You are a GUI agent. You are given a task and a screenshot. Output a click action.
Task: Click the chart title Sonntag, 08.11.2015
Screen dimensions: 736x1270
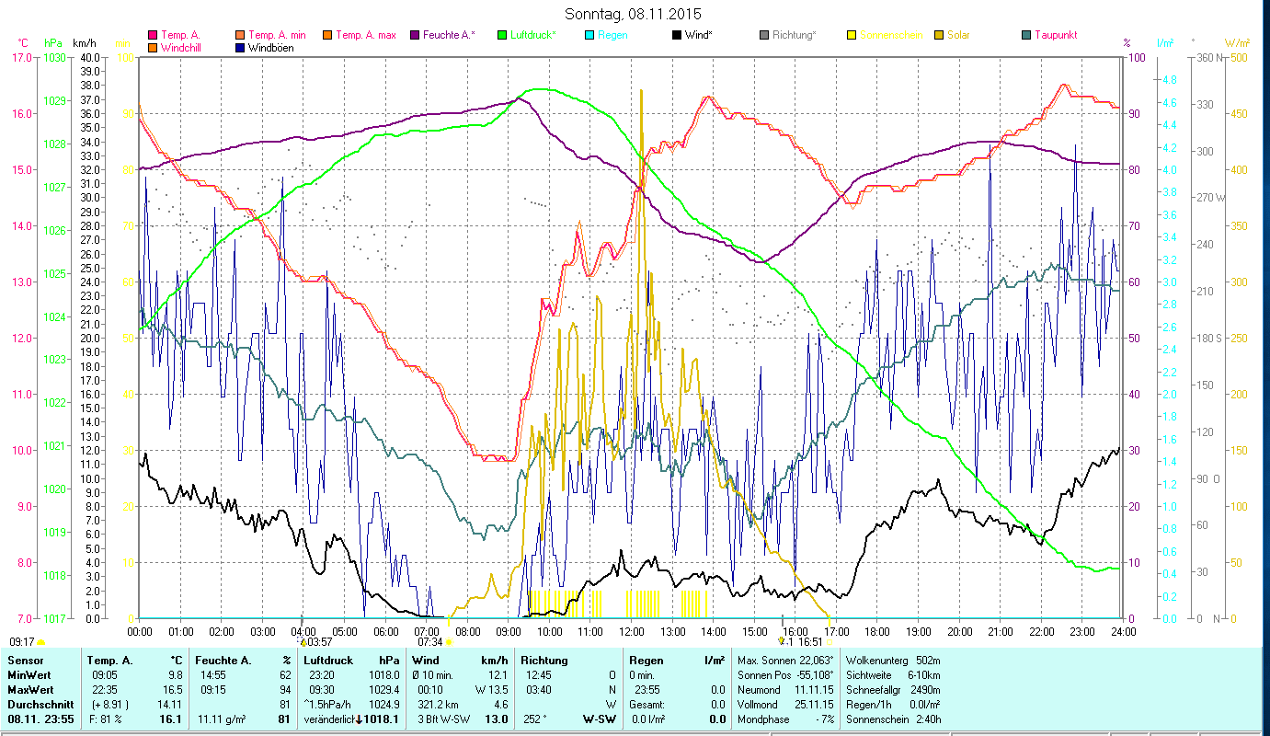point(635,14)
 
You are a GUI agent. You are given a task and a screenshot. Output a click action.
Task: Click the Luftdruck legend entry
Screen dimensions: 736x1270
point(532,35)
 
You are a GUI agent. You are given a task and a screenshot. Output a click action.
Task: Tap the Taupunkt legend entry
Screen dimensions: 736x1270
point(1055,35)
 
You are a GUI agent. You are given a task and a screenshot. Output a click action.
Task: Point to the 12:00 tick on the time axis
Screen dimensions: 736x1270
point(632,632)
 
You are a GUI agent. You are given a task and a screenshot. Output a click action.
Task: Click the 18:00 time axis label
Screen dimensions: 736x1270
point(877,632)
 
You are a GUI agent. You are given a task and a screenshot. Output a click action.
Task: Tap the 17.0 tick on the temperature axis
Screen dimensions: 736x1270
point(19,57)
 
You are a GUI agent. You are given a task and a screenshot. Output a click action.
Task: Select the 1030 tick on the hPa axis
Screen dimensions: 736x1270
point(53,57)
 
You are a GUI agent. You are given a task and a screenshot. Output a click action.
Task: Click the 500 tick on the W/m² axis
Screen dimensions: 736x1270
point(1240,57)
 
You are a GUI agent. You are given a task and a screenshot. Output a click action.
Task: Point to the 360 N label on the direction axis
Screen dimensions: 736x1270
point(1209,57)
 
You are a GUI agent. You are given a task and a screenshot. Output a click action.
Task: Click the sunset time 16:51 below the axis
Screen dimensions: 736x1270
point(808,642)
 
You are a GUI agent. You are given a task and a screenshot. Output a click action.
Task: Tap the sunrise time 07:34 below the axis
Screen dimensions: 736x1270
point(430,642)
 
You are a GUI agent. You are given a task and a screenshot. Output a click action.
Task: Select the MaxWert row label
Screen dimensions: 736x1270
point(31,689)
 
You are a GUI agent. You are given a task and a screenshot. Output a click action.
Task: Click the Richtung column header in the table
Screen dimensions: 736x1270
point(545,661)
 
